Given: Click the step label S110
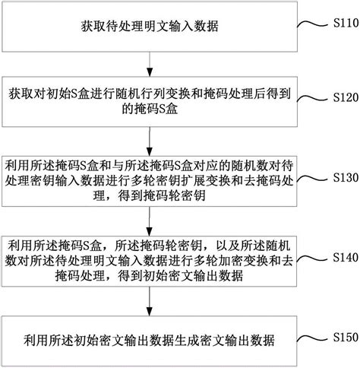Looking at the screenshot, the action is click(346, 24).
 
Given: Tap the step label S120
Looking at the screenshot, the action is click(346, 97).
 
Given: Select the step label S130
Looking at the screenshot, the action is click(346, 177).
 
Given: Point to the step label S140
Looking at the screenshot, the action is click(346, 257).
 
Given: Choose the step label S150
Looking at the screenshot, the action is click(346, 337).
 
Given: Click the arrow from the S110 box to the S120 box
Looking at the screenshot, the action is click(150, 64).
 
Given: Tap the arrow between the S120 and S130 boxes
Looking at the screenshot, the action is click(150, 141).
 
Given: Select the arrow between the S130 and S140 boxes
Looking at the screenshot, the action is click(150, 221).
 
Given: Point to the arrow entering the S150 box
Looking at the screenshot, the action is click(150, 301).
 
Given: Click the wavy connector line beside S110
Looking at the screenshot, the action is click(312, 24).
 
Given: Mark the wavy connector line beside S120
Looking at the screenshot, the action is click(312, 98).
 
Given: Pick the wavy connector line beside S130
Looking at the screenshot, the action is click(312, 179).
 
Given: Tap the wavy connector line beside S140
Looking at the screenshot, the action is click(312, 259).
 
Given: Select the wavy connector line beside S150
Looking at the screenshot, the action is click(312, 338).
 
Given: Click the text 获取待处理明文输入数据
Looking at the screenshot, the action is click(150, 26).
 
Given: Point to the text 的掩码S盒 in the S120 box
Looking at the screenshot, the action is click(150, 109).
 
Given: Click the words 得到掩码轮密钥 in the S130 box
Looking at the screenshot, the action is click(162, 196).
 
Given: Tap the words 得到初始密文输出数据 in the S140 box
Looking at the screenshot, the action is click(181, 276).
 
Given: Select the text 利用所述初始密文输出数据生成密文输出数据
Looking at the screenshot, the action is click(150, 341).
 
